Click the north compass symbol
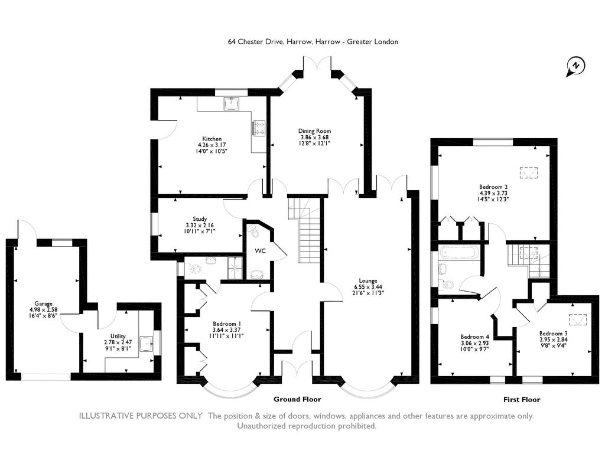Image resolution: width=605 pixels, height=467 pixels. click(x=575, y=66)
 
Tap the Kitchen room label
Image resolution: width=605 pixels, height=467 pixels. click(x=212, y=139)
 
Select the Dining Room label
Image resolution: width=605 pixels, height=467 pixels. click(x=314, y=131)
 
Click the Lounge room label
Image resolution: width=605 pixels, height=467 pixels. click(x=368, y=281)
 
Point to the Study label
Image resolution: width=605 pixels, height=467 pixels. click(x=200, y=219)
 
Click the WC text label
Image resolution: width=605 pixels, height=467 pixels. click(x=261, y=251)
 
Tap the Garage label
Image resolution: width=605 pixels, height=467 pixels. click(x=43, y=304)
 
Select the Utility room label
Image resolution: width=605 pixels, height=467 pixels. click(x=118, y=337)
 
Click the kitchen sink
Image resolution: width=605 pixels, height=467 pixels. click(x=232, y=103)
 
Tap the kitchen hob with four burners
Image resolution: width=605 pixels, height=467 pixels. click(x=259, y=128)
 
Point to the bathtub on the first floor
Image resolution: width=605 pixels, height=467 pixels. click(x=460, y=253)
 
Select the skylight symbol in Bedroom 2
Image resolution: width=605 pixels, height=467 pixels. click(x=529, y=173)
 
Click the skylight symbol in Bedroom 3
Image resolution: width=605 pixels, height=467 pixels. click(x=578, y=319)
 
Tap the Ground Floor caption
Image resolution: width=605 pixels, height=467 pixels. click(x=298, y=399)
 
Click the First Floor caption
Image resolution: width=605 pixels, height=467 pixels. click(x=522, y=400)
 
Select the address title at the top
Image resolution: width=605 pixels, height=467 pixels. click(x=313, y=42)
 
